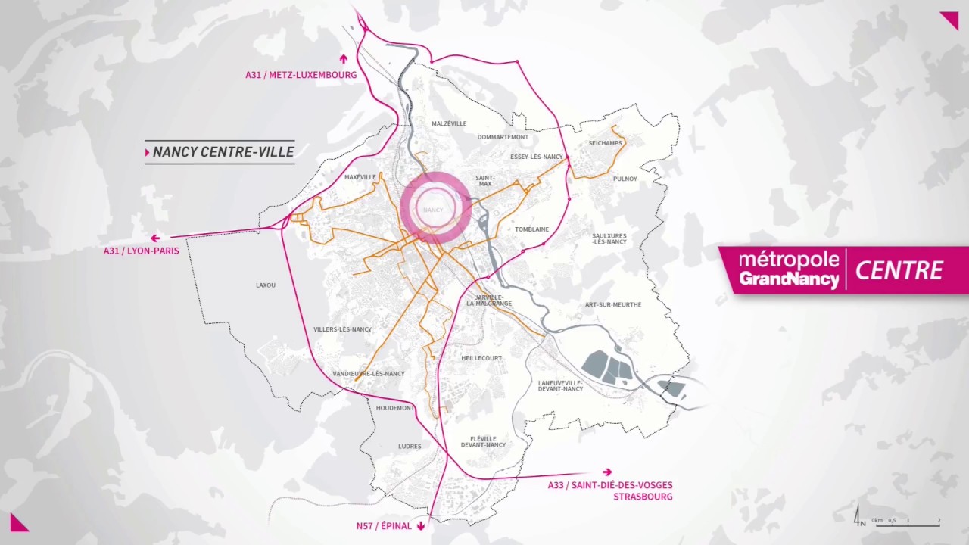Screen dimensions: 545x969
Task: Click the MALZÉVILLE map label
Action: point(449,123)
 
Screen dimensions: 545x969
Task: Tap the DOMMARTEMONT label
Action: point(503,137)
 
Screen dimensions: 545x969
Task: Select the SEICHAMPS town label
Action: point(605,143)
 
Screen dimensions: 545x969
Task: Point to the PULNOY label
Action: point(625,179)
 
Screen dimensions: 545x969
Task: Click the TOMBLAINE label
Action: point(531,229)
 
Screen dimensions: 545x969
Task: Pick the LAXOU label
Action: point(266,285)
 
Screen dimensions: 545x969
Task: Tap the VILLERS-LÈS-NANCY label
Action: point(342,329)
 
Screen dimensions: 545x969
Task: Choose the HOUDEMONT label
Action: point(395,408)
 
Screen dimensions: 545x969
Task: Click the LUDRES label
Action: point(410,447)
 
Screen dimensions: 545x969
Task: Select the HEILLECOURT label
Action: point(481,358)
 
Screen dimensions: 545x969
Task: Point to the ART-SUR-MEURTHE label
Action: point(613,304)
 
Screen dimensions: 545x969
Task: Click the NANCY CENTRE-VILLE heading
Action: point(223,152)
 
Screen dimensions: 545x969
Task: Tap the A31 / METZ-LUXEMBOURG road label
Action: point(301,75)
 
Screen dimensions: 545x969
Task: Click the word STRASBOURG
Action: point(643,497)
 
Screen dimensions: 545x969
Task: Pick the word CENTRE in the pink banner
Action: point(899,270)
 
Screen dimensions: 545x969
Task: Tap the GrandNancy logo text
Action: point(789,279)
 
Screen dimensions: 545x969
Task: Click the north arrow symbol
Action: point(858,517)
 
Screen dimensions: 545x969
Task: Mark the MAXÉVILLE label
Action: point(360,177)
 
